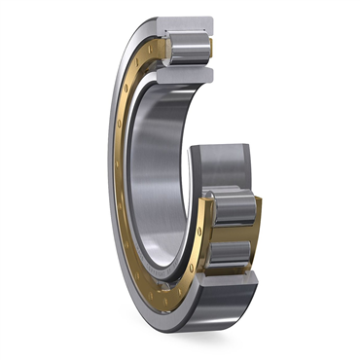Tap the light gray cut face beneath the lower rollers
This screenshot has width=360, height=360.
[x=226, y=288]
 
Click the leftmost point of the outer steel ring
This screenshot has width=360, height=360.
[x=106, y=175]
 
